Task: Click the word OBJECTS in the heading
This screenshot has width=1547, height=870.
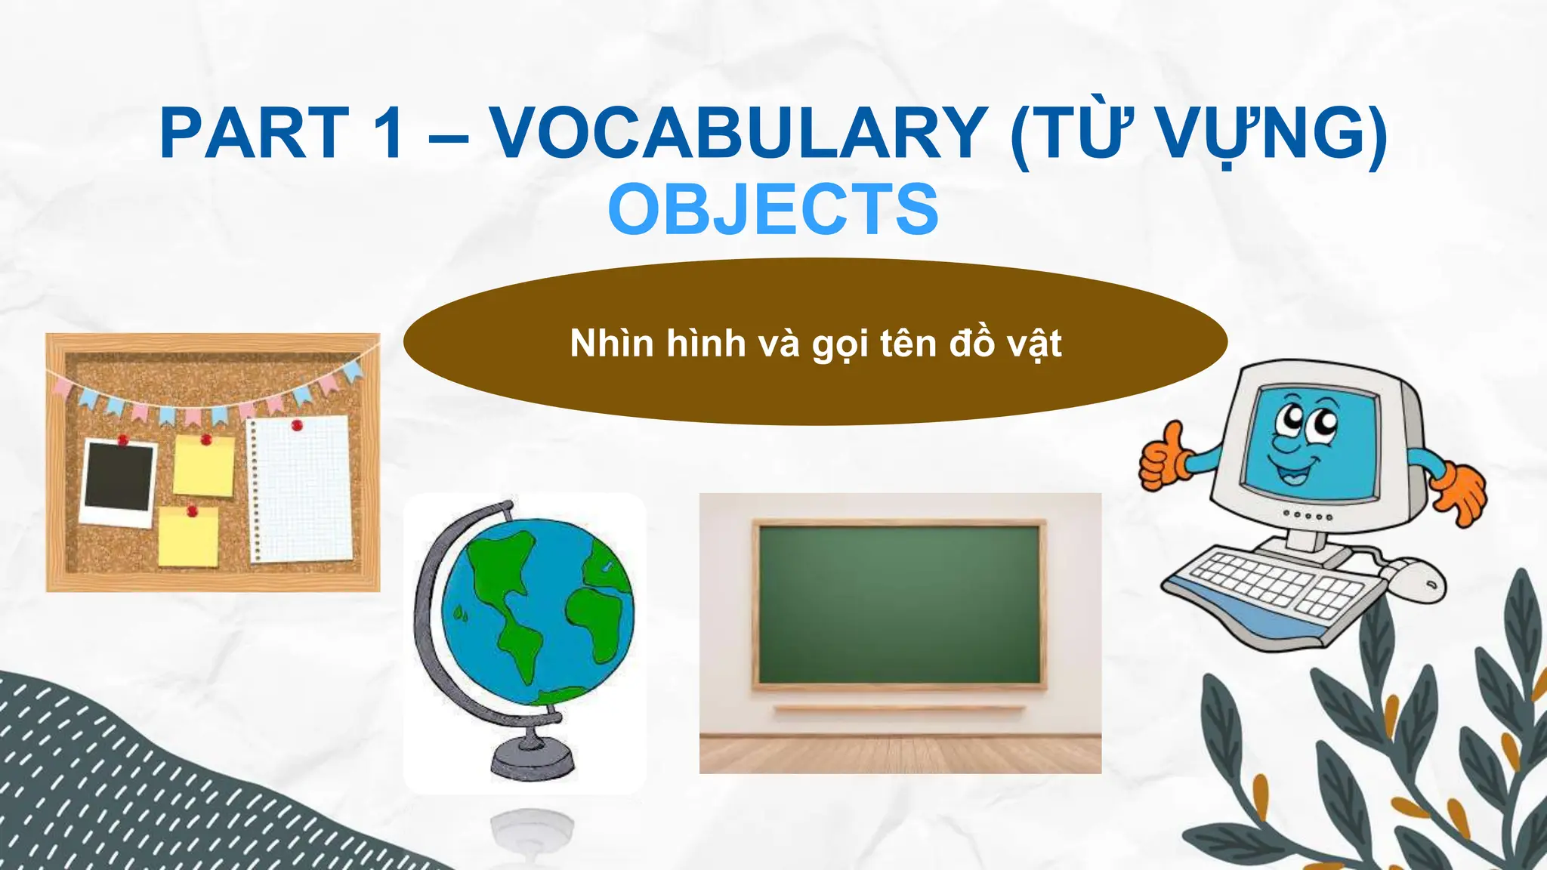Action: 773,209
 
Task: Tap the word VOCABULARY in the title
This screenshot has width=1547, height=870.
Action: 740,134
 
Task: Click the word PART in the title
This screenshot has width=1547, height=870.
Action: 255,134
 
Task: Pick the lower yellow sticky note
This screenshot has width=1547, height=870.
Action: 188,535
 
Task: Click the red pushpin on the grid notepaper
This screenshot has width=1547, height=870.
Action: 297,426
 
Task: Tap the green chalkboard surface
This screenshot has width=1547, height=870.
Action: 899,604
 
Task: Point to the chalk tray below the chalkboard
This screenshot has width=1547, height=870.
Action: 899,708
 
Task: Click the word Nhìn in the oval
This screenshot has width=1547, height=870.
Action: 612,344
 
